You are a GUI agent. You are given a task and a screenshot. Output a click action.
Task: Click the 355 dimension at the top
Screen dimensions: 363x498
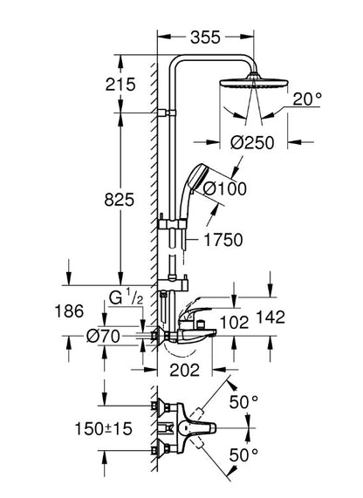[205, 38]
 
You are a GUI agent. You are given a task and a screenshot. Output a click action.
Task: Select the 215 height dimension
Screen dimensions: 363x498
[120, 85]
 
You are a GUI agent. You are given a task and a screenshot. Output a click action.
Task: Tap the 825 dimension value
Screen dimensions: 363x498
[120, 200]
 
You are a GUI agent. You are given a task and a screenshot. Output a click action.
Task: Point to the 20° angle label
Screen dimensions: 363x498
[307, 99]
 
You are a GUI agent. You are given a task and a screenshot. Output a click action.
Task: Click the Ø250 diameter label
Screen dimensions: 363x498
[252, 143]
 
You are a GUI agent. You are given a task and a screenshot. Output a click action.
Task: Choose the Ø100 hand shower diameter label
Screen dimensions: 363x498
[224, 189]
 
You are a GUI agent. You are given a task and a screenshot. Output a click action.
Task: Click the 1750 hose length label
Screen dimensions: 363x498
[223, 240]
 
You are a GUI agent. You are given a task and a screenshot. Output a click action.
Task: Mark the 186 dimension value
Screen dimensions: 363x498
[69, 311]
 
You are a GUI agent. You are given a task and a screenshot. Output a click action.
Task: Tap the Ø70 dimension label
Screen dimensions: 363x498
[103, 336]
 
